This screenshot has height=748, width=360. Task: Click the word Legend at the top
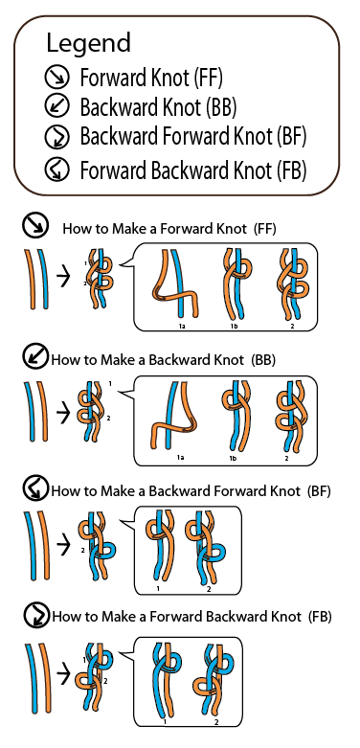point(88,44)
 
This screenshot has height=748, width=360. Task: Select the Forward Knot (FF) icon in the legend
point(56,78)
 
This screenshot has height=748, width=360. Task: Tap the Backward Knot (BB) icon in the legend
point(56,107)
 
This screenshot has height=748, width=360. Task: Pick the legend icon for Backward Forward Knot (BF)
point(56,138)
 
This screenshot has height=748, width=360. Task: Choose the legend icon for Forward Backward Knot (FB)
point(56,170)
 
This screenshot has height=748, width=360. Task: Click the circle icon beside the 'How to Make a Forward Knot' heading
point(35,226)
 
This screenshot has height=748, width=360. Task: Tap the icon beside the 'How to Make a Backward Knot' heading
point(35,357)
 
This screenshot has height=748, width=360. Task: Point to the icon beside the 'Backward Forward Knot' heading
point(36,489)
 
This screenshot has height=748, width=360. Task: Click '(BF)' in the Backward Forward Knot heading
point(319,491)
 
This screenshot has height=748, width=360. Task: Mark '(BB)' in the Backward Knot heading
point(264,360)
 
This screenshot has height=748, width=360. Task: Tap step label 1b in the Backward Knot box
point(234,458)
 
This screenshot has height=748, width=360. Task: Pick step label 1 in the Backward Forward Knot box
point(158,589)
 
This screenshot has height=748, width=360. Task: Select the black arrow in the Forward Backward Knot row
point(64,673)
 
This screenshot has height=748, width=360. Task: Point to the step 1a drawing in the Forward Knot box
point(174,283)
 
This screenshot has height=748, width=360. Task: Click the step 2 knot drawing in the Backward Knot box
point(289,416)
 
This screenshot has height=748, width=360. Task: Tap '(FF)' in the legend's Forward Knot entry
point(209,78)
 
